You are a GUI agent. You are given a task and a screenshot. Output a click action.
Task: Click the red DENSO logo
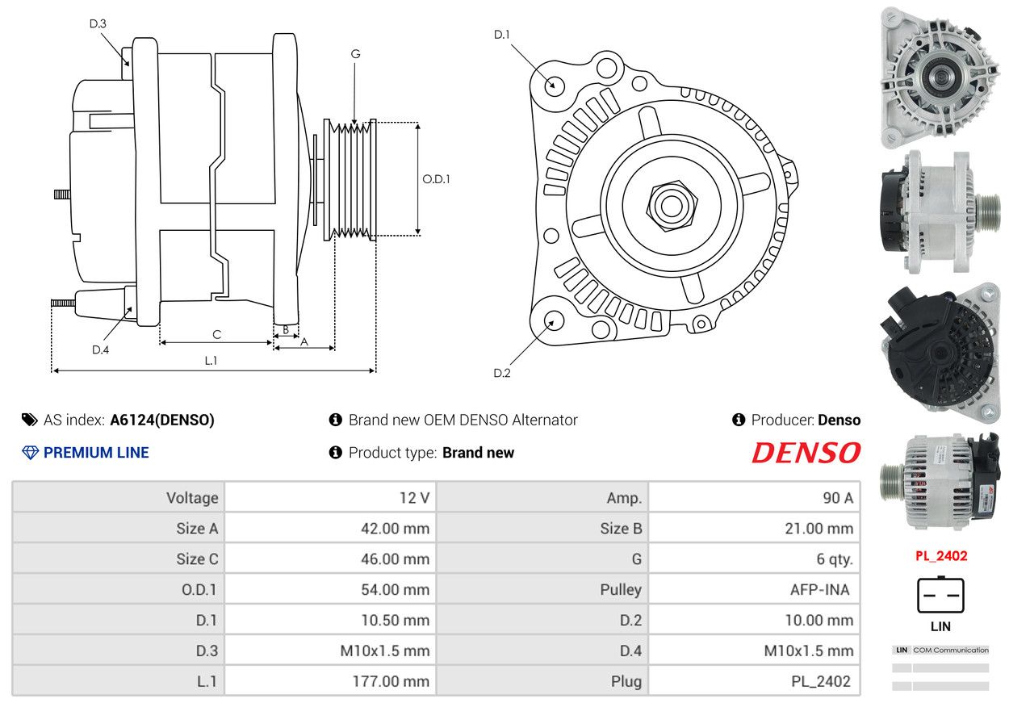click(x=806, y=453)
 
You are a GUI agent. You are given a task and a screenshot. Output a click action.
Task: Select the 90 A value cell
click(x=754, y=498)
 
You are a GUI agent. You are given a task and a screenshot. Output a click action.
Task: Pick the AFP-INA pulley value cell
click(x=754, y=589)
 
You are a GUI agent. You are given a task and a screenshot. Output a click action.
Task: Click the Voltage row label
click(x=192, y=498)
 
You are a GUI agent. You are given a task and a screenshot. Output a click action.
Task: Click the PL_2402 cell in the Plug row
click(x=754, y=681)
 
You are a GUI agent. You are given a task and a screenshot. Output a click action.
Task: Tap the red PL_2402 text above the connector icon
click(x=941, y=556)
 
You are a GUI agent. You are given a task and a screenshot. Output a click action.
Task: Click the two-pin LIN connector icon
click(x=940, y=595)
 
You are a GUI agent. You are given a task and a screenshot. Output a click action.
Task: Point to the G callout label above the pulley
click(x=355, y=54)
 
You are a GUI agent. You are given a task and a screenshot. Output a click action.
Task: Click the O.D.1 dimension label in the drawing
click(x=436, y=179)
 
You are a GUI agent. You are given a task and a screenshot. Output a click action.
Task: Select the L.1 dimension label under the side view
click(x=211, y=360)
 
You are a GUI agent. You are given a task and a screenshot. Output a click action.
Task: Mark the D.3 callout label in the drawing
click(x=98, y=23)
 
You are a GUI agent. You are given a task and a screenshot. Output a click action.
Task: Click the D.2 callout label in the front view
click(x=502, y=373)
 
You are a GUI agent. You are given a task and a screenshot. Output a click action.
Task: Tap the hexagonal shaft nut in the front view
click(x=672, y=206)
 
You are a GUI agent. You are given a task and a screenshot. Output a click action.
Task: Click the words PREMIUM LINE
click(x=96, y=453)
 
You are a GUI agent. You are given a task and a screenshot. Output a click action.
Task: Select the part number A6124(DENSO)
click(x=162, y=420)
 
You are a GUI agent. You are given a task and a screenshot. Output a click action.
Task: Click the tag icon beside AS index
click(x=30, y=420)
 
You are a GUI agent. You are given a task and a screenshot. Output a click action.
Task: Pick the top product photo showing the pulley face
click(x=940, y=77)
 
